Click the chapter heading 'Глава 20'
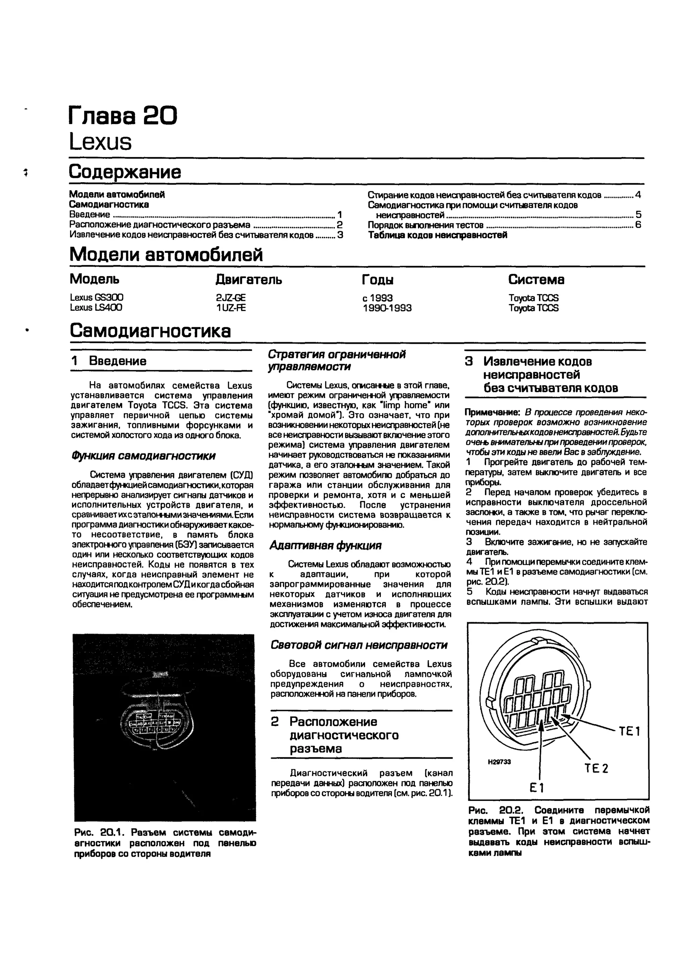click(x=123, y=115)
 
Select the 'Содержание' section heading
click(x=125, y=172)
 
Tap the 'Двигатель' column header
click(x=249, y=279)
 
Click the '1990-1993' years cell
click(x=387, y=308)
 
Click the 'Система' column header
click(x=536, y=279)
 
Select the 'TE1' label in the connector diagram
click(x=629, y=731)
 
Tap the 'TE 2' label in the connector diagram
click(x=596, y=768)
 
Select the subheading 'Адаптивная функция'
click(x=325, y=546)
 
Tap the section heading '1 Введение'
click(x=109, y=361)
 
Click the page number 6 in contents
click(x=638, y=225)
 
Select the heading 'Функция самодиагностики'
click(x=144, y=456)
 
